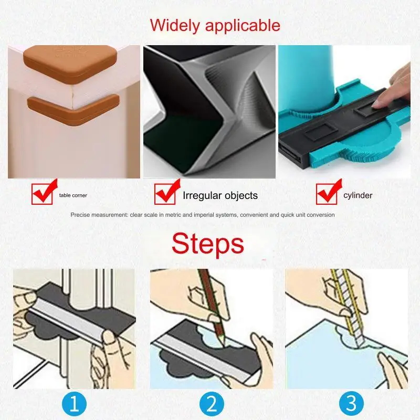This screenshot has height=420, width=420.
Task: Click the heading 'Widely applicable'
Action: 215,25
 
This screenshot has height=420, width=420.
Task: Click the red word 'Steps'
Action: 208,244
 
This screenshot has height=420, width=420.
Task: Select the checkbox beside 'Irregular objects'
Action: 164,194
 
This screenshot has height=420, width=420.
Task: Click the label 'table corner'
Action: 73,195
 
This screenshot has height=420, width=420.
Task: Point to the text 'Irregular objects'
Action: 220,196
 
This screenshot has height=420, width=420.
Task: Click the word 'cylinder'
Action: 358,195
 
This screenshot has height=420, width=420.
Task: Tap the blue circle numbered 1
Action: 74,404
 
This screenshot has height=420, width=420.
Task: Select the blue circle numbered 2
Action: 211,404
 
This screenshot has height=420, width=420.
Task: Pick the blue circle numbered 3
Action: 351,404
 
